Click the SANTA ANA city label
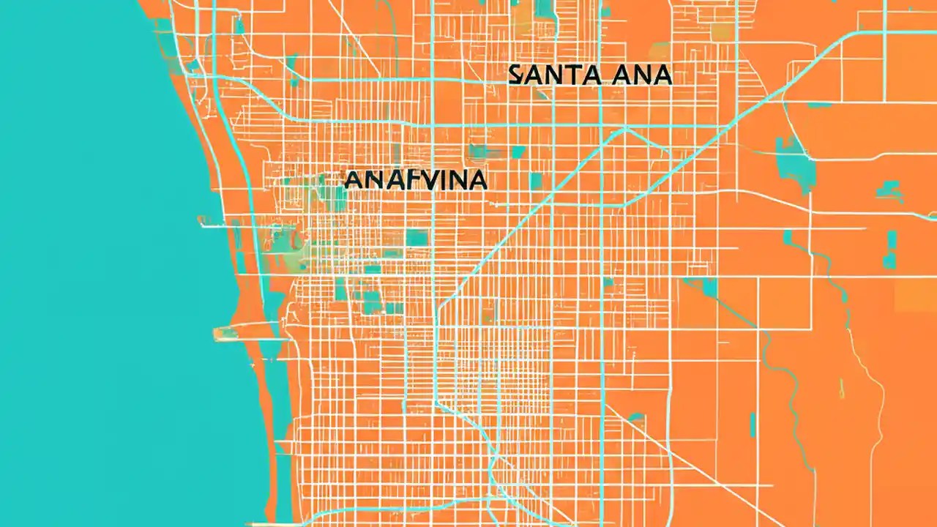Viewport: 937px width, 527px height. click(x=590, y=75)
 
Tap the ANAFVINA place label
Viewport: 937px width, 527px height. click(x=415, y=180)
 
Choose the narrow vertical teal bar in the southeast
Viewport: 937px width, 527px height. click(x=752, y=425)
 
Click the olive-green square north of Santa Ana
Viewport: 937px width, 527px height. click(x=721, y=30)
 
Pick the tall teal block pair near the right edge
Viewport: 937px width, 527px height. click(x=890, y=249)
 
